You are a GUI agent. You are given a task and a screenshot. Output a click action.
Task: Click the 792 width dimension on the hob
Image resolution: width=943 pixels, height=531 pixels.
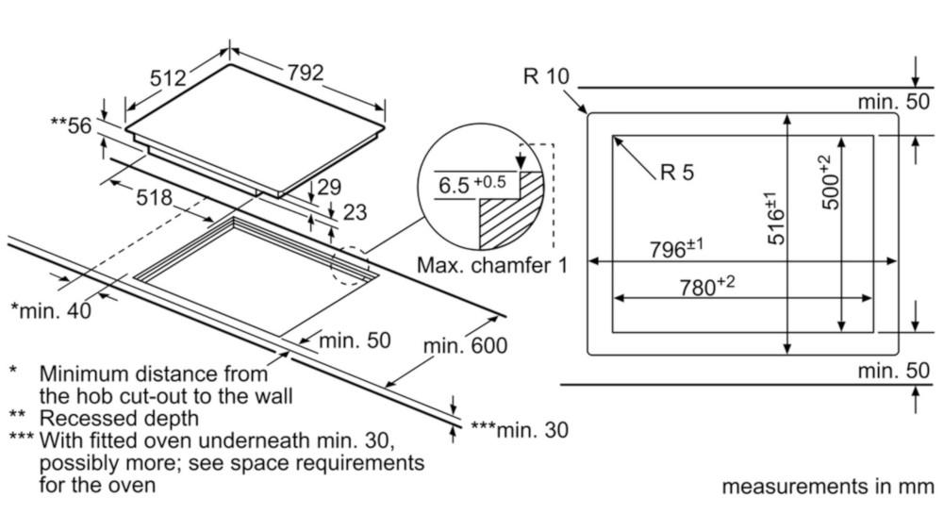click(305, 73)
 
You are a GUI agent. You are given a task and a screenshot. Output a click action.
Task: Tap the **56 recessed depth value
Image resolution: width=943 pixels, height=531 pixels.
click(73, 124)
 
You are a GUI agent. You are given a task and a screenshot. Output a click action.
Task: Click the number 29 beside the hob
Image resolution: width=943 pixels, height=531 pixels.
click(328, 187)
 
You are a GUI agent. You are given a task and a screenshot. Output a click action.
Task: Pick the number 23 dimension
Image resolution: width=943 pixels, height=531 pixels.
click(354, 213)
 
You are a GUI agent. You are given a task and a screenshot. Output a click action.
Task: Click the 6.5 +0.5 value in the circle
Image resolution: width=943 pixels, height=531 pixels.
click(471, 184)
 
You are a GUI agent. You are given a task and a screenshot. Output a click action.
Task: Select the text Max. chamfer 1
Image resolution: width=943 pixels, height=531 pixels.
click(493, 265)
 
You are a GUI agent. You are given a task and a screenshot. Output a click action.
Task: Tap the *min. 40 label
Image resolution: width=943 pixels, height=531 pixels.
click(51, 309)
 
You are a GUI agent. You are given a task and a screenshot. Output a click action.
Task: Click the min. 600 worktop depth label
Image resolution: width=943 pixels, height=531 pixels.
click(464, 346)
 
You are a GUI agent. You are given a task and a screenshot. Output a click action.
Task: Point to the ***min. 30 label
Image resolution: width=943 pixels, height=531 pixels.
click(520, 431)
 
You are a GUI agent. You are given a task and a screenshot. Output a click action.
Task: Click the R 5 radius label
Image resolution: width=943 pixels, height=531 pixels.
click(677, 172)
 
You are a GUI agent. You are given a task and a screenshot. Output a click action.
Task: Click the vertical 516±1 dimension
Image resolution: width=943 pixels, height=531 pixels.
click(775, 218)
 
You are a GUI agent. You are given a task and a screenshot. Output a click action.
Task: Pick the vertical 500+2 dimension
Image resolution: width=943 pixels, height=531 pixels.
click(827, 182)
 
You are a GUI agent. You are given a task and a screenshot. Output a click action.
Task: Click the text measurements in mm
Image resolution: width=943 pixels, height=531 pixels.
click(828, 487)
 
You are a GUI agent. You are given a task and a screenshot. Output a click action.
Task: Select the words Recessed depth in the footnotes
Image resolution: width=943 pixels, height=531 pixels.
click(119, 417)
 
